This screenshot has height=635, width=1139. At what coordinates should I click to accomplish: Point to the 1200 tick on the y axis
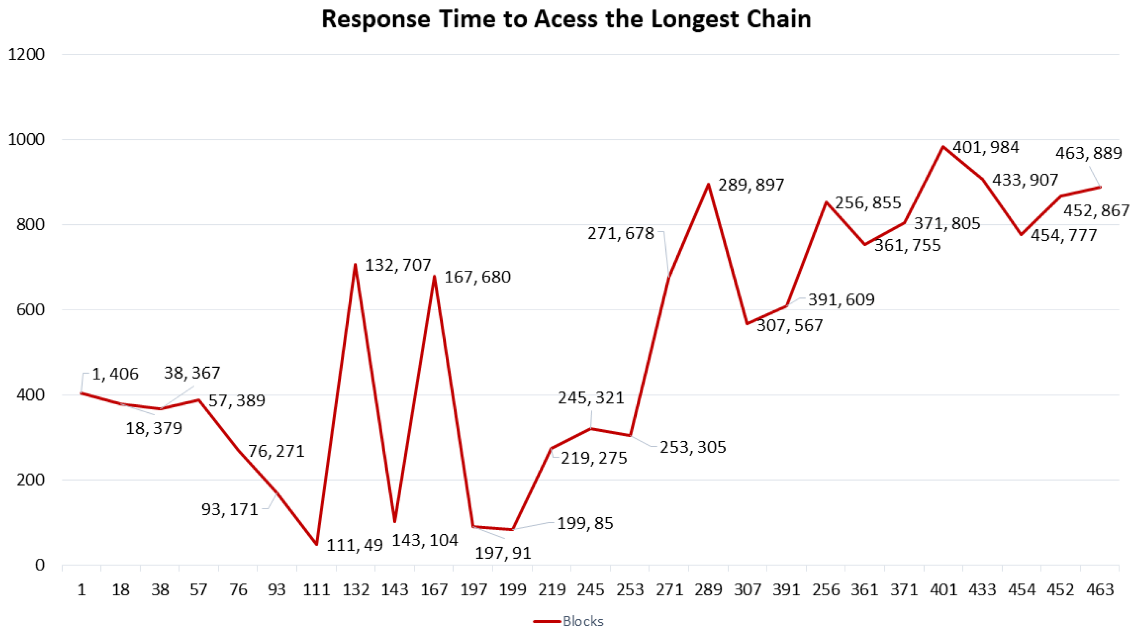(26, 54)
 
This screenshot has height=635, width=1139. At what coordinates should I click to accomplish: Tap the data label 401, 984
(985, 147)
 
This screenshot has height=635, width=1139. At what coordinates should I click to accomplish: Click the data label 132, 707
(398, 265)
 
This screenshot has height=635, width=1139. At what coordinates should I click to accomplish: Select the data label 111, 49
(355, 545)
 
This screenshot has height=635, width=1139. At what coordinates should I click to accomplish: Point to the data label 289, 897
(751, 185)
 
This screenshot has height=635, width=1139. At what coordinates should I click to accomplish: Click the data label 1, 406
(115, 374)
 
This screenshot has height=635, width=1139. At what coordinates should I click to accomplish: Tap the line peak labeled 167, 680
(434, 276)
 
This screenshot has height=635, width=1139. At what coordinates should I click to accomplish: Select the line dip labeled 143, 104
(395, 521)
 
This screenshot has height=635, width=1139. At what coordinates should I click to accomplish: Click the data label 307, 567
(790, 325)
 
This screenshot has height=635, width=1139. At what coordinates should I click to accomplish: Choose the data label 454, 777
(1064, 235)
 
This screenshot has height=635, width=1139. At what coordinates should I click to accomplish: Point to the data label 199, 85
(585, 524)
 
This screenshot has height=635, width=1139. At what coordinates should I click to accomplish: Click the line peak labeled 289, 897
(708, 184)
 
